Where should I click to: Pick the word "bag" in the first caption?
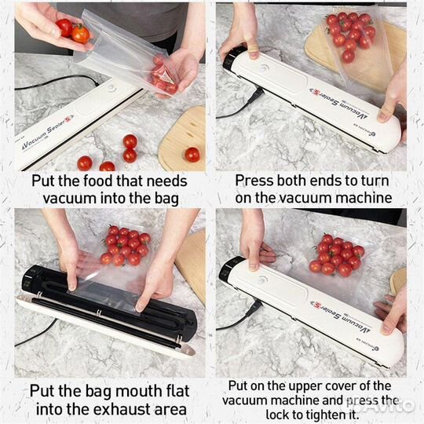(x=166, y=199)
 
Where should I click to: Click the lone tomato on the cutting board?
(x=192, y=155)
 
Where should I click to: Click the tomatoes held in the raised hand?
(x=73, y=31)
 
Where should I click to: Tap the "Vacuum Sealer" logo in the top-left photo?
(x=46, y=132)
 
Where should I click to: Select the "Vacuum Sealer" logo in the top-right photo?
(x=339, y=104)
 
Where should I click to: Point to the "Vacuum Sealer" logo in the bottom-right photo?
(x=340, y=316)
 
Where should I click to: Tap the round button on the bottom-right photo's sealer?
(x=261, y=280)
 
